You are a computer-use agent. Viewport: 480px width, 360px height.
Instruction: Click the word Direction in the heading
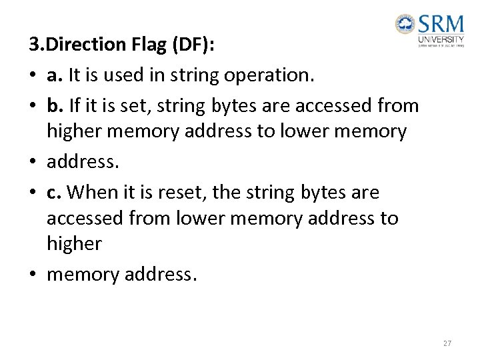click(79, 45)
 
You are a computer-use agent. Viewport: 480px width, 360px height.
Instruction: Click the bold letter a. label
click(54, 75)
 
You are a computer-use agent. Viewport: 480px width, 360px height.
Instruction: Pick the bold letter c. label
click(54, 193)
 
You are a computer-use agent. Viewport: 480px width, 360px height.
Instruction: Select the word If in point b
click(75, 105)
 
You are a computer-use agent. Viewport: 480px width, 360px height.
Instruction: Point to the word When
click(92, 193)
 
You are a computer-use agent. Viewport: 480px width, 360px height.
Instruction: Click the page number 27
click(447, 343)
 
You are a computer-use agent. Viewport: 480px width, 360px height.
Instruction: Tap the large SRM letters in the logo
click(441, 25)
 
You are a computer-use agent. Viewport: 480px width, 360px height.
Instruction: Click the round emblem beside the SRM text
click(405, 26)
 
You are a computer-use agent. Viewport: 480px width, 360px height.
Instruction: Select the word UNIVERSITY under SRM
click(441, 39)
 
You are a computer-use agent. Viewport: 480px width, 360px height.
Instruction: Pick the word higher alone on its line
click(74, 243)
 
